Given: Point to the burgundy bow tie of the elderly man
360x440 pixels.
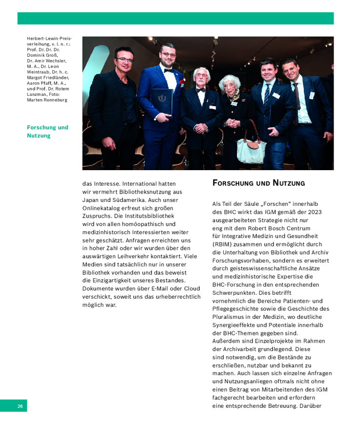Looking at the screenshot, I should tap(200, 90).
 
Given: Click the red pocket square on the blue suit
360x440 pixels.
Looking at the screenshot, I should tap(182, 82).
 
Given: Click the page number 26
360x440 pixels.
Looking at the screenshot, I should tap(20, 406).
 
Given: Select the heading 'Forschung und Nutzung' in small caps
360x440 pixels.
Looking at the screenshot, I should tap(258, 183).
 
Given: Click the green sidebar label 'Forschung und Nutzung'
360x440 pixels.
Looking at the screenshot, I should tap(47, 132).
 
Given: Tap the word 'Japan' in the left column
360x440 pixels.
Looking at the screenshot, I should tap(91, 200).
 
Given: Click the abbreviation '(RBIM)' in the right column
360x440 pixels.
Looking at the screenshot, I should tap(224, 244).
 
